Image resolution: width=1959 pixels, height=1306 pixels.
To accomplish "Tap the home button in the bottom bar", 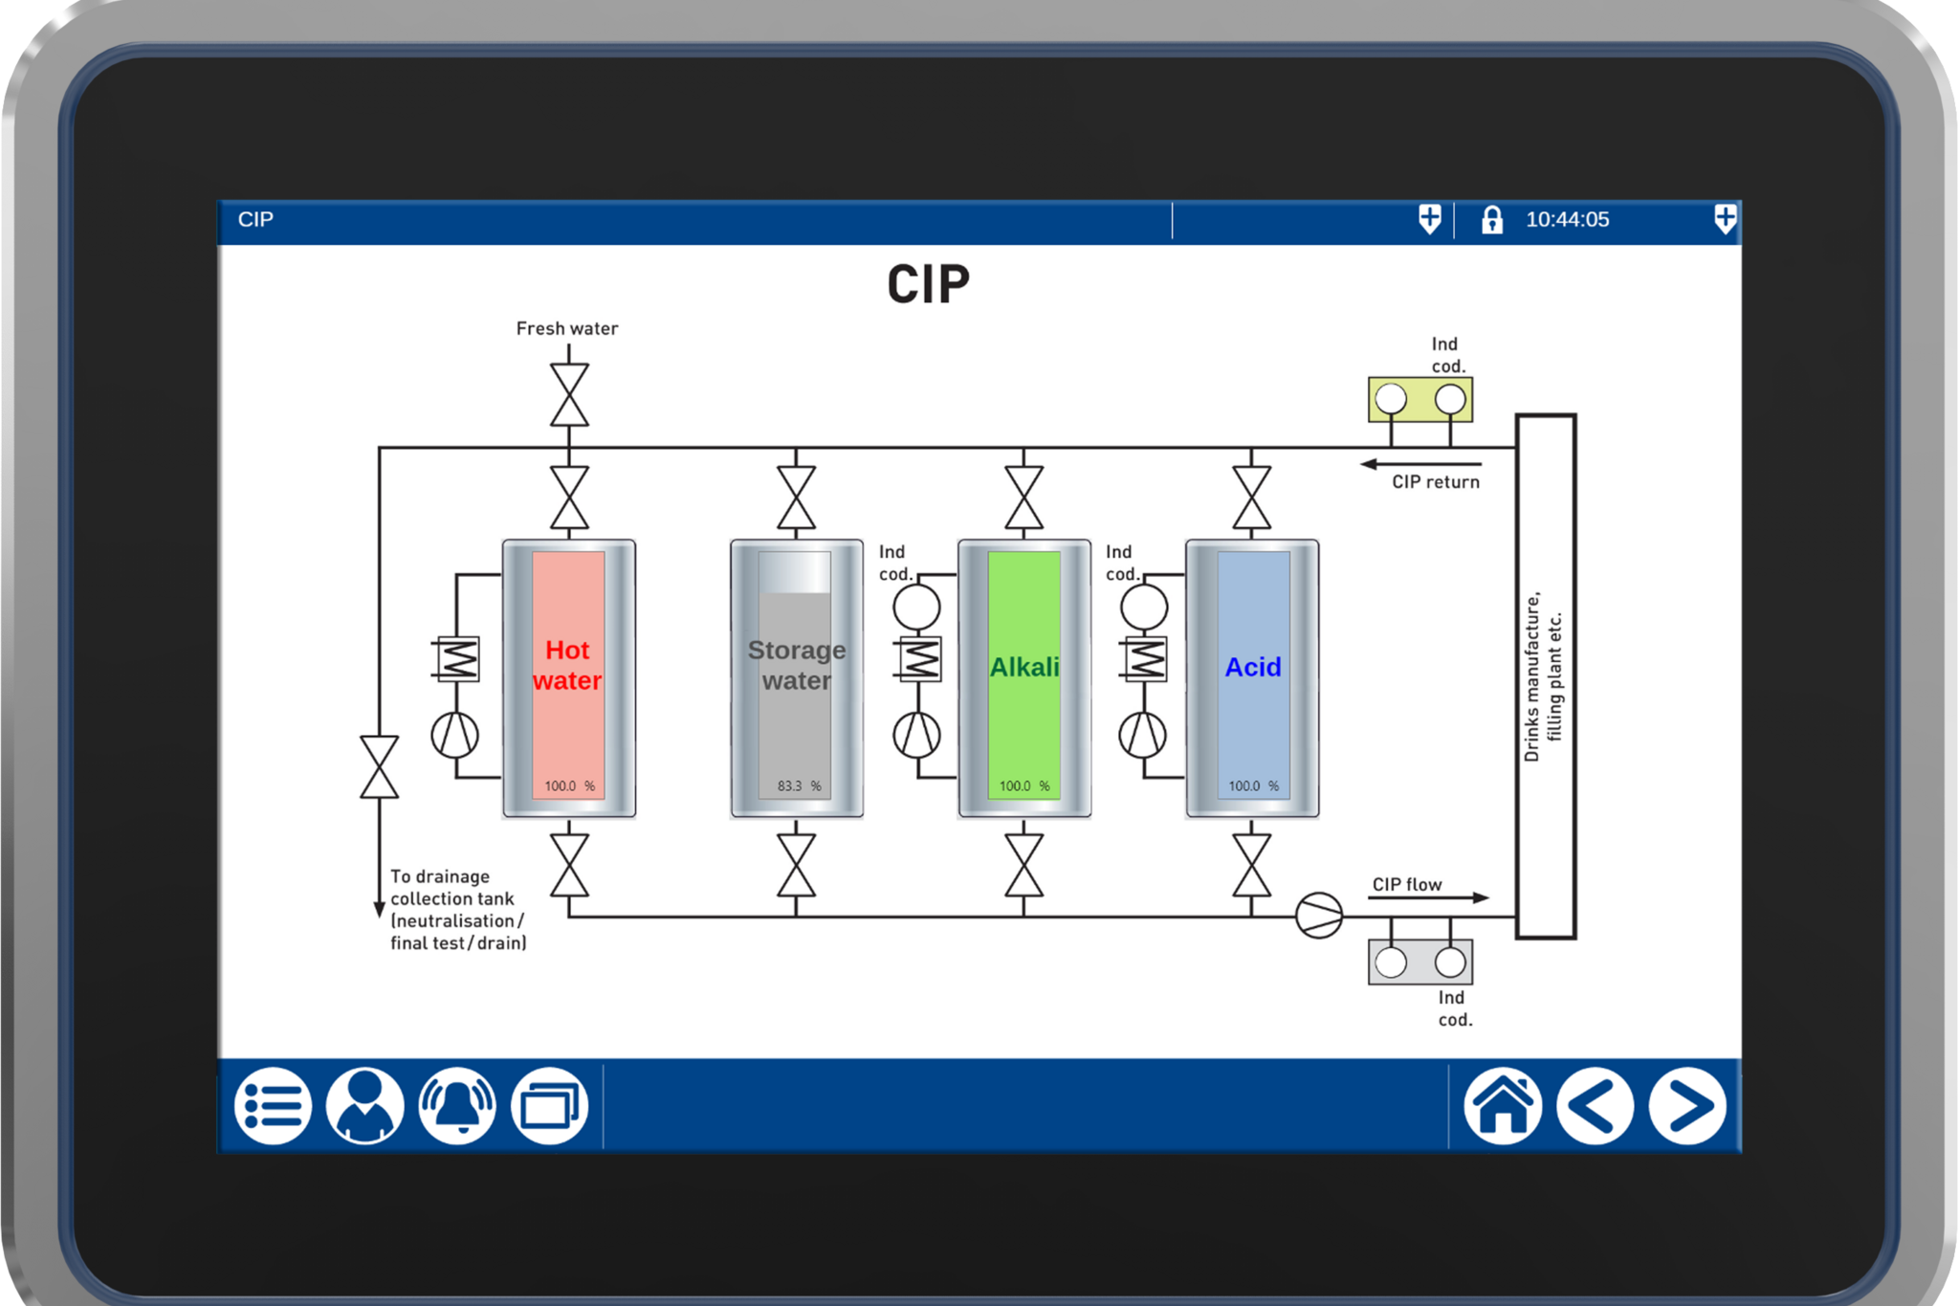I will [x=1502, y=1106].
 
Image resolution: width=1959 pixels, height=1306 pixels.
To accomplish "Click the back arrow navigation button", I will [x=1594, y=1106].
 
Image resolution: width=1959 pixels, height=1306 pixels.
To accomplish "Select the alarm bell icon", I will [x=457, y=1106].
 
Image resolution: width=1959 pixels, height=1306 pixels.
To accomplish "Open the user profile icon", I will [x=364, y=1106].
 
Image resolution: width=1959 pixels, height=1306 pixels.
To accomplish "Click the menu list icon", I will [x=273, y=1106].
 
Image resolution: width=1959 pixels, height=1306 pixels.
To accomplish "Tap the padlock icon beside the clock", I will [x=1491, y=220].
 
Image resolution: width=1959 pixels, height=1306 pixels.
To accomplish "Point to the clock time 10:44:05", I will [x=1567, y=220].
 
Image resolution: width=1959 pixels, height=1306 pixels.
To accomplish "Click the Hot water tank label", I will [x=567, y=665].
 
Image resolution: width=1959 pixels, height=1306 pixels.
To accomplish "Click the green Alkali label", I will [x=1024, y=667].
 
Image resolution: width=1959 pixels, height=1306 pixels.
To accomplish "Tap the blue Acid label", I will [x=1252, y=667].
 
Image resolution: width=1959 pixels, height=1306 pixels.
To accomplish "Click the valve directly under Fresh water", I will [x=569, y=394].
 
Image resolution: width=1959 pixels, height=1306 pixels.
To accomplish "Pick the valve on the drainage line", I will [x=379, y=766].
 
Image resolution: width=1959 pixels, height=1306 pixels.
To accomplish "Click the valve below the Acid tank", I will [x=1251, y=865].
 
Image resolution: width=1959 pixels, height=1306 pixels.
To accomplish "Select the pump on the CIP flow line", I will [x=1318, y=915].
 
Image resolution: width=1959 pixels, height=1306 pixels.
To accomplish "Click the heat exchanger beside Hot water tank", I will [x=456, y=658].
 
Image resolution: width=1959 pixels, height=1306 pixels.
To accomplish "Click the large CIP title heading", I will [x=928, y=285].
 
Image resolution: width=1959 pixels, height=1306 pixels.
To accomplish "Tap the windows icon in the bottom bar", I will [x=549, y=1106].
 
